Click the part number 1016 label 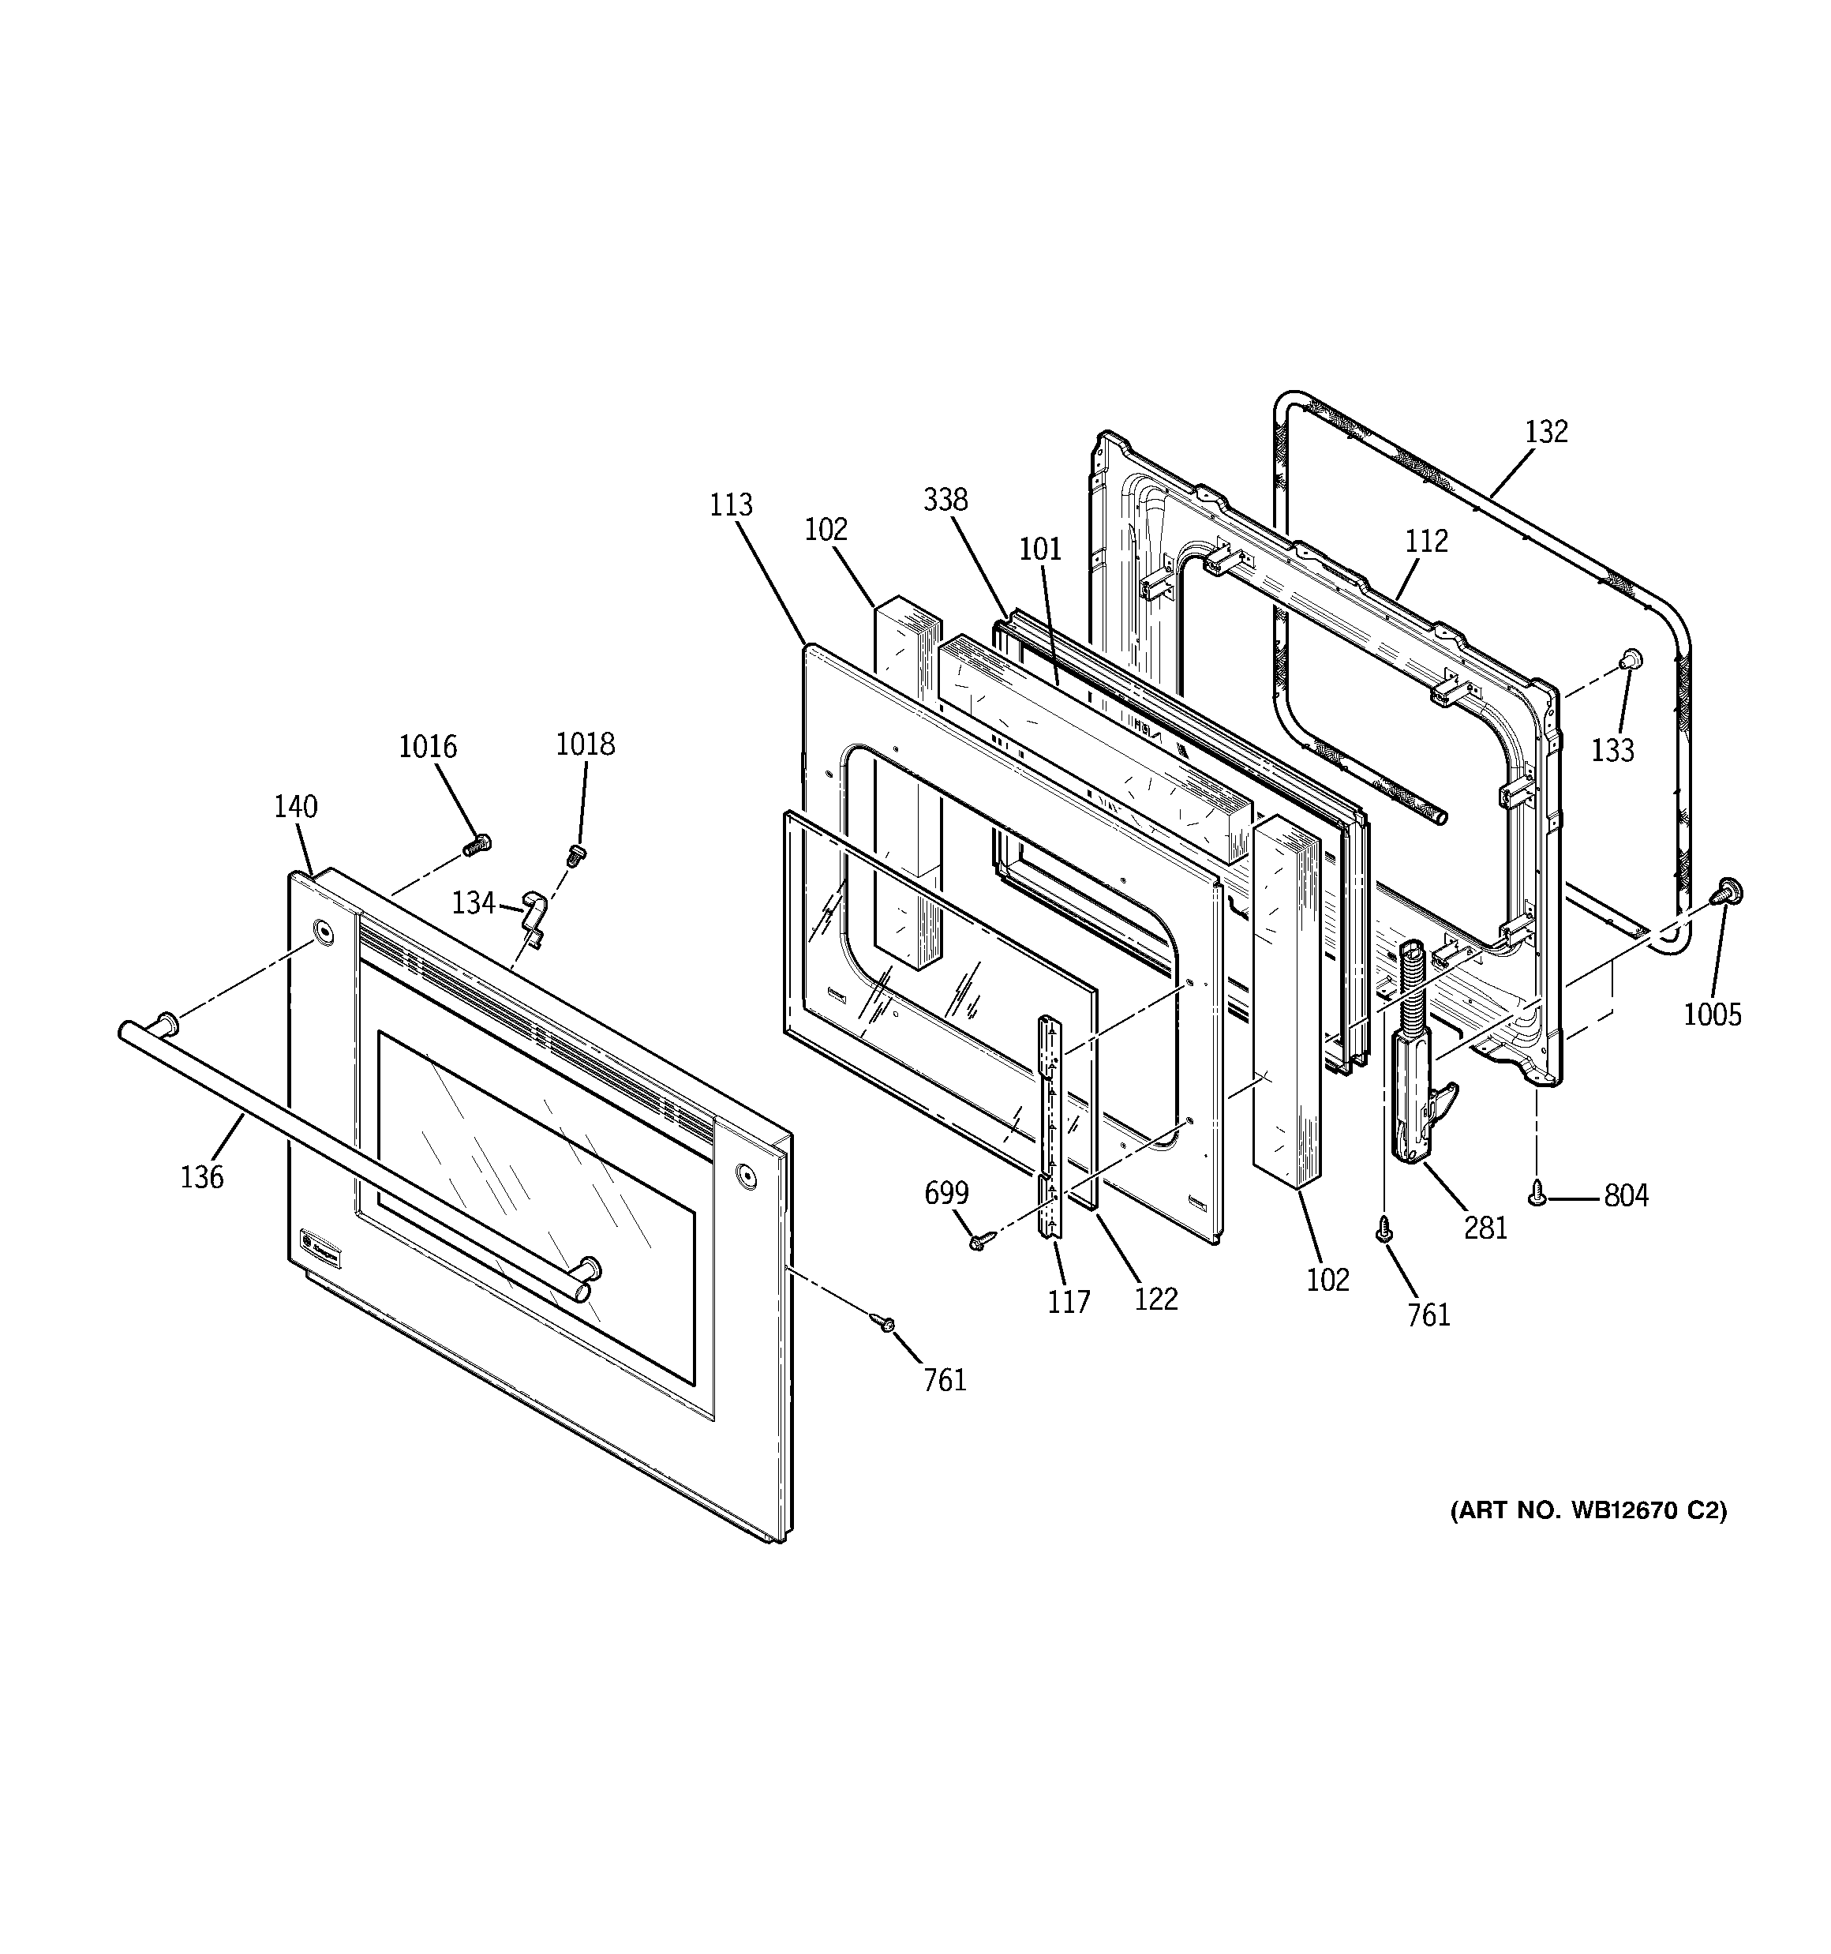click(x=428, y=747)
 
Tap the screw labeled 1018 click(x=577, y=854)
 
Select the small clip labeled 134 click(x=534, y=918)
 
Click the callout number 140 click(x=296, y=807)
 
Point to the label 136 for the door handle click(x=201, y=1176)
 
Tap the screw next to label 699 click(x=977, y=1241)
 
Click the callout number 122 click(x=1155, y=1300)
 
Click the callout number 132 click(x=1547, y=432)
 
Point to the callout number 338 click(x=945, y=501)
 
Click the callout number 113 click(x=732, y=505)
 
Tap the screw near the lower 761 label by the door click(x=885, y=1323)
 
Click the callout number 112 click(x=1426, y=542)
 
